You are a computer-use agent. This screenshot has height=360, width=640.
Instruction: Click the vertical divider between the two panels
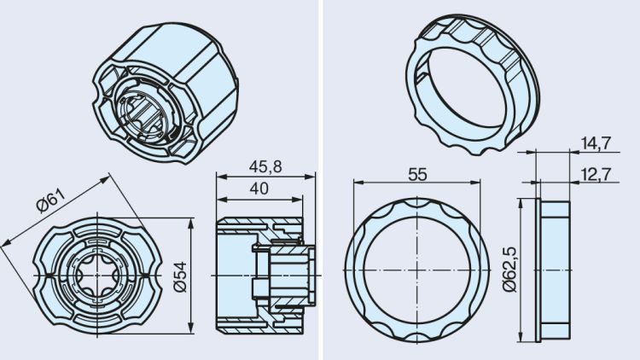coord(320,180)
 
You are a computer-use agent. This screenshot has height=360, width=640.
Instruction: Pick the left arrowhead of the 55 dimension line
coord(352,183)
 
